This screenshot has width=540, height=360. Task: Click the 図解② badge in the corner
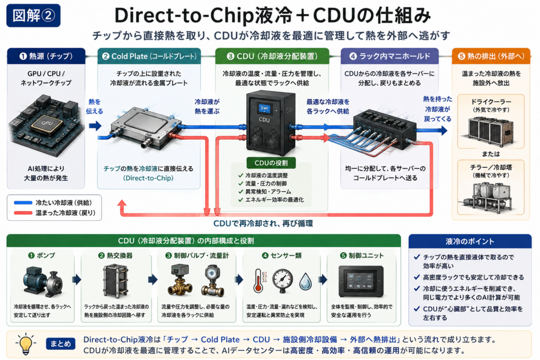[x=33, y=15]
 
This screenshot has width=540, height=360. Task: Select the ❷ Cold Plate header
[x=149, y=56]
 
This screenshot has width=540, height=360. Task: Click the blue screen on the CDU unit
[x=264, y=109]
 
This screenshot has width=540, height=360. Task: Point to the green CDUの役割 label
[x=271, y=163]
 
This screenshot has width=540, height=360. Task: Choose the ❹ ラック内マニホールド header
[x=390, y=56]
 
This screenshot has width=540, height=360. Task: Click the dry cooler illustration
[x=490, y=130]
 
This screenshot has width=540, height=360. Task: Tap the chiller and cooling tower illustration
[x=489, y=196]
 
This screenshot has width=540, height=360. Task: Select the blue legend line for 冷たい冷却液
[x=23, y=203]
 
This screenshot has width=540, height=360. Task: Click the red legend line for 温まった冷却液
[x=23, y=213]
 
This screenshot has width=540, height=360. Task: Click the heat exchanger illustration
[x=115, y=281]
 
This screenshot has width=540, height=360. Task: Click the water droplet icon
[x=305, y=281]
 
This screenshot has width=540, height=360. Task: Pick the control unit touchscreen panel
[x=361, y=281]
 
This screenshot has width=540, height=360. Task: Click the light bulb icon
[x=26, y=344]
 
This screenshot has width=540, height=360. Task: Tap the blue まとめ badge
[x=61, y=344]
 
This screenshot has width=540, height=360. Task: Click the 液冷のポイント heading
[x=470, y=241]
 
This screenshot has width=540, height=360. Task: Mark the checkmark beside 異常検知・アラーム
[x=240, y=191]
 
